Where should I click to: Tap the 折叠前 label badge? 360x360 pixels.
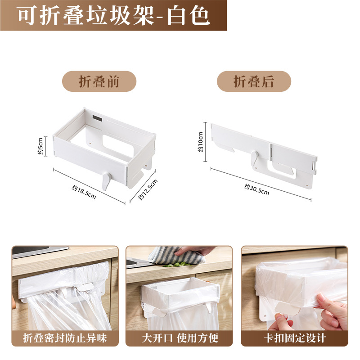tap(99, 81)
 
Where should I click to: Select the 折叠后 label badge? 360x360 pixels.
tap(254, 81)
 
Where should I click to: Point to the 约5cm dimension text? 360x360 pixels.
tap(40, 146)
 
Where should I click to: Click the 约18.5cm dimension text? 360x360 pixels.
tap(84, 191)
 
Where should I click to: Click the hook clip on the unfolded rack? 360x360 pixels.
tap(106, 180)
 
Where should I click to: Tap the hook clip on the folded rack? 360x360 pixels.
tap(254, 159)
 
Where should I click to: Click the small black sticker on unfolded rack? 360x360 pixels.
tap(97, 119)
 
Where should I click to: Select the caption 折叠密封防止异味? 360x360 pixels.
tap(65, 338)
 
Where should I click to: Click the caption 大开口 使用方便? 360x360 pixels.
tap(180, 338)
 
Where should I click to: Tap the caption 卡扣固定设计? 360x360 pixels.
tap(294, 338)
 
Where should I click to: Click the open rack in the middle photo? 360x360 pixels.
tap(178, 295)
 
